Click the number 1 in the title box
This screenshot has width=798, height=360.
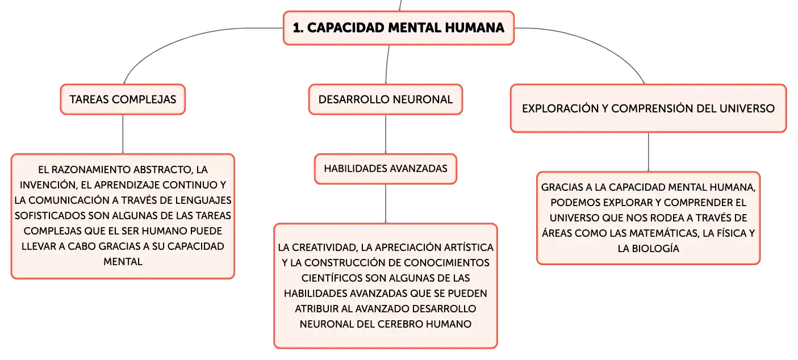pos(298,28)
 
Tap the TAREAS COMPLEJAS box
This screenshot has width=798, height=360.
pos(123,99)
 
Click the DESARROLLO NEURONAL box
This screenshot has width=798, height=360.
pos(386,99)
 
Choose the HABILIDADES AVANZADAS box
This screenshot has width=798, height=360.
pos(386,169)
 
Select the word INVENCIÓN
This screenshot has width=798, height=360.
pos(47,185)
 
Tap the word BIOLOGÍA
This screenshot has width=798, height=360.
pos(654,249)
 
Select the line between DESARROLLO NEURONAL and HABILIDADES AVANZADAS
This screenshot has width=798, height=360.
pos(386,134)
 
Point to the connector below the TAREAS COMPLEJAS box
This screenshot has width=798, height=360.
pos(123,134)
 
